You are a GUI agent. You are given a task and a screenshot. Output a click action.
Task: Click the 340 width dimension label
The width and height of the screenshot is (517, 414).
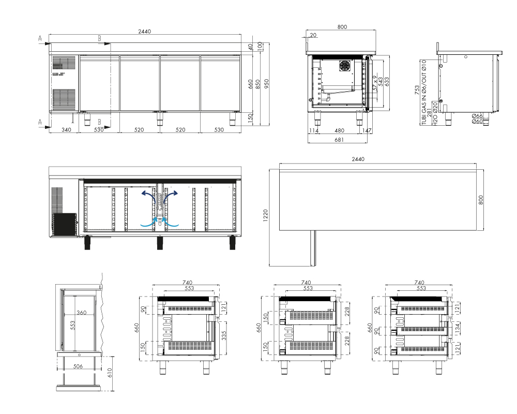66,130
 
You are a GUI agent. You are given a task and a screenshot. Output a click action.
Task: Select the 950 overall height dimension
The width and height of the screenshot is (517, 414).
266,83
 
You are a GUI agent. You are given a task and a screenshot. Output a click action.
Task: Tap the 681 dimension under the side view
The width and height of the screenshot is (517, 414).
339,140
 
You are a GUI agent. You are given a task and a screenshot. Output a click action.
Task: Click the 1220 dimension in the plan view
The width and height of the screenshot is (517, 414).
266,216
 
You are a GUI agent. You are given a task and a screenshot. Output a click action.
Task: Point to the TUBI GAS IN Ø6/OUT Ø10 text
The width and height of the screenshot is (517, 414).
424,92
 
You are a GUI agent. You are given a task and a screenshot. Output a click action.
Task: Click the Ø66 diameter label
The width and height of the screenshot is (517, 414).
477,115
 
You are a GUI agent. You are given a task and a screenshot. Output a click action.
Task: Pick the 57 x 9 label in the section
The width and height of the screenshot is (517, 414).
374,83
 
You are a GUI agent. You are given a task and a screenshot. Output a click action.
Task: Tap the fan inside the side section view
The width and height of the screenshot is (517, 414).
346,66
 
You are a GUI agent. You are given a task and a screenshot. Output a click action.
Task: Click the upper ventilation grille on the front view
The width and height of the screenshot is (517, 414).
64,63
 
